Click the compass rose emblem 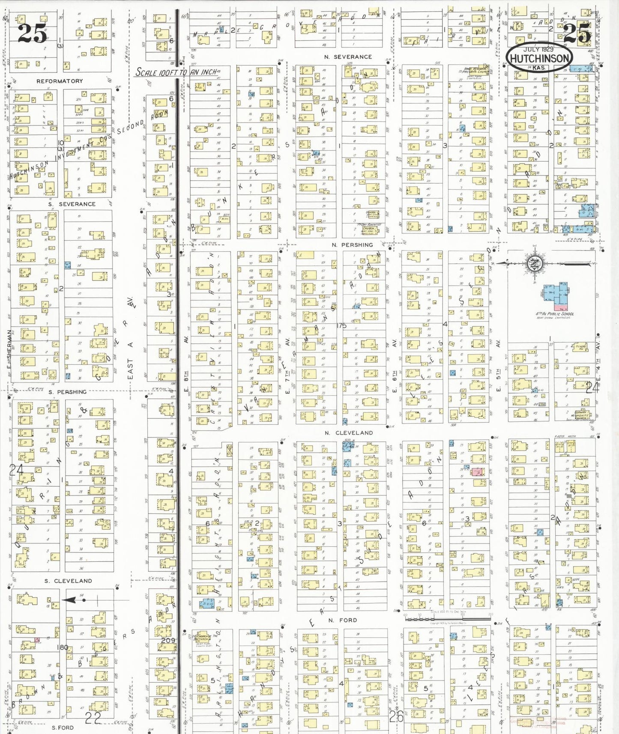coord(535,263)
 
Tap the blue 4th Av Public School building coord(556,294)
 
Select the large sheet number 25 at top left coord(32,33)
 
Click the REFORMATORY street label coord(60,81)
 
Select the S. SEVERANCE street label coord(72,204)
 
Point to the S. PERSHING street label coord(67,392)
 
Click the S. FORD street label coord(63,728)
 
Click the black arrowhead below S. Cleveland coord(70,600)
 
